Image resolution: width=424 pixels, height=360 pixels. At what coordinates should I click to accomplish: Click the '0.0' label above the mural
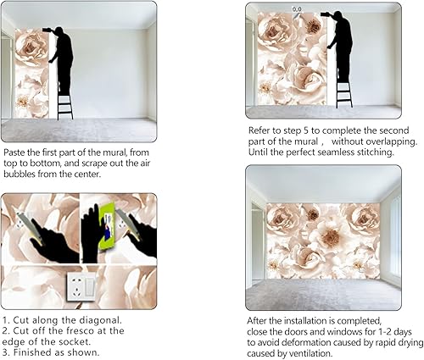[x=296, y=9]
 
